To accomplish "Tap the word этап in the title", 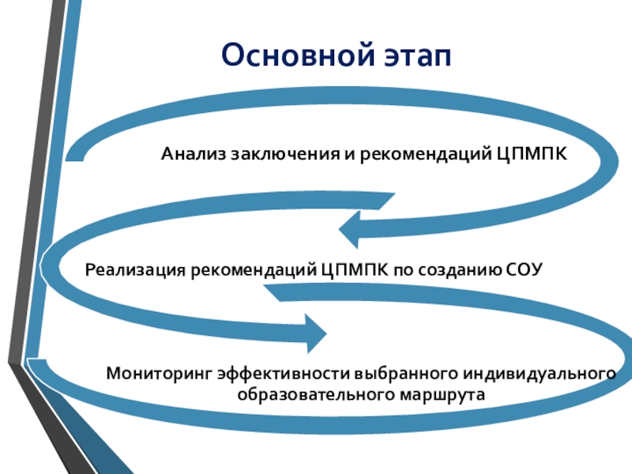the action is [x=414, y=56].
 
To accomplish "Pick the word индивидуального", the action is [x=540, y=371].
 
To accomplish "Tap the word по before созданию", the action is [x=403, y=270].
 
